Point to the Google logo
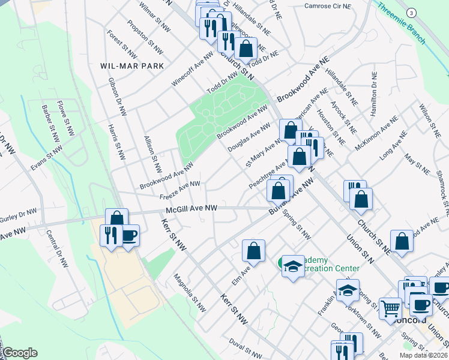pyautogui.click(x=20, y=353)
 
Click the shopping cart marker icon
pyautogui.click(x=391, y=308)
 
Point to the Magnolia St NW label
pyautogui.click(x=190, y=294)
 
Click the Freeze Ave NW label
pyautogui.click(x=179, y=190)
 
